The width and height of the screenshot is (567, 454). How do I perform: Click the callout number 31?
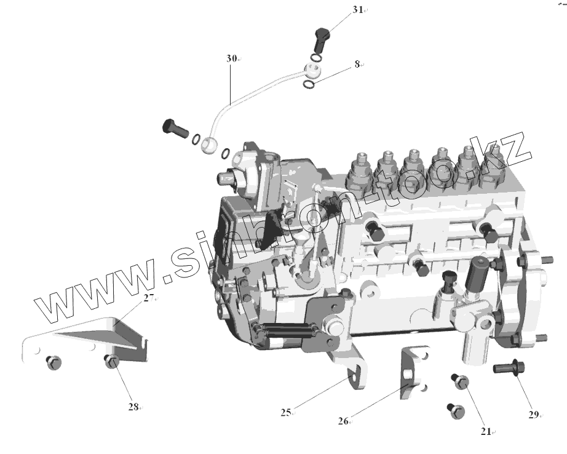click(x=358, y=10)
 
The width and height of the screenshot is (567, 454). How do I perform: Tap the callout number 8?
click(x=357, y=64)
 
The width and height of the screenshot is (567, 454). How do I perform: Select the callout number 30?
click(x=231, y=58)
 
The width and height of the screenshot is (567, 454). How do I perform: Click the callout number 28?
click(x=133, y=407)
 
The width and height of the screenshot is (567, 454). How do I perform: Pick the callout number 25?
click(x=286, y=413)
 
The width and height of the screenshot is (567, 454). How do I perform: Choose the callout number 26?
click(x=343, y=421)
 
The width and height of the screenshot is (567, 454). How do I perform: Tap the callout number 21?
click(x=486, y=431)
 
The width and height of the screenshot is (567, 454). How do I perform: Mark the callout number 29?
click(x=533, y=414)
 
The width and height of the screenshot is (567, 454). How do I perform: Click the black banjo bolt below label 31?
click(x=321, y=39)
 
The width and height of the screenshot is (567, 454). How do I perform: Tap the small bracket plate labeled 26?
click(x=413, y=373)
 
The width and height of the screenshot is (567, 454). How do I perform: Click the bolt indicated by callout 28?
click(x=111, y=361)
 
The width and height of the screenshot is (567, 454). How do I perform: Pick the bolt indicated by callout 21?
click(x=461, y=382)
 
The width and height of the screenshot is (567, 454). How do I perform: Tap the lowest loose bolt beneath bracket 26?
click(x=454, y=411)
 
